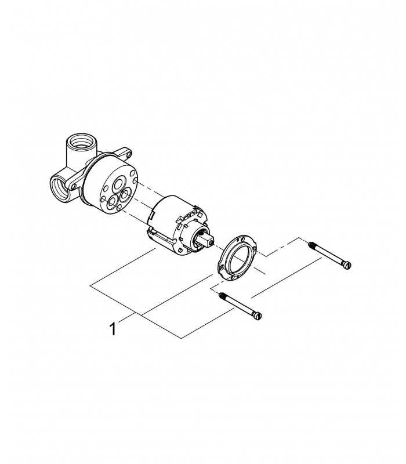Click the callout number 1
click(113, 329)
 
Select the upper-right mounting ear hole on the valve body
click(128, 154)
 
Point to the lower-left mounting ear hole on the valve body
click(74, 186)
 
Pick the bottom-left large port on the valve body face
click(112, 202)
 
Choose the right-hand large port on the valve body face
click(126, 195)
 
